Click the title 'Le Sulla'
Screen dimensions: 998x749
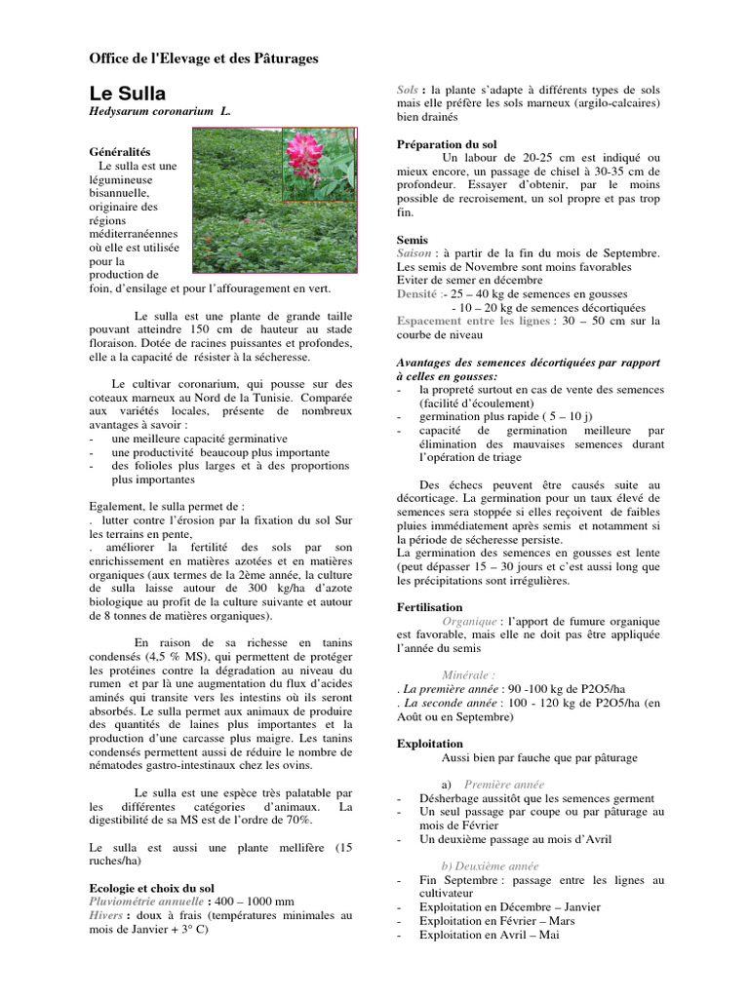point(128,95)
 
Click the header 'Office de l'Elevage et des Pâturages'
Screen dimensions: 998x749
point(204,58)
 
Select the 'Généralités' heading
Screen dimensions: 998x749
point(120,153)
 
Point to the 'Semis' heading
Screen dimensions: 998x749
point(414,239)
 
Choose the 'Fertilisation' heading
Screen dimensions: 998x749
point(429,606)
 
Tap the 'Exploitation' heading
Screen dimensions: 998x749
point(430,743)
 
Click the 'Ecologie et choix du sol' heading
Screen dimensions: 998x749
point(151,888)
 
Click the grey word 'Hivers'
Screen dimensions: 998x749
point(107,915)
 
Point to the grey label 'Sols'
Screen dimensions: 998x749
point(408,89)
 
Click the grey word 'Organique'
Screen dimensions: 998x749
point(469,620)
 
